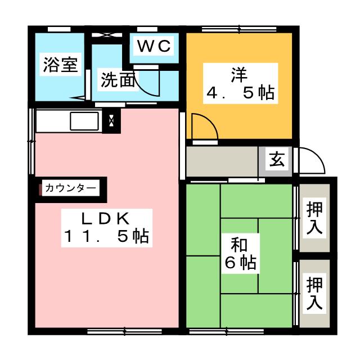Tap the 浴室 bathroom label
pos(60,64)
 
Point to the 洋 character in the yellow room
pos(239,74)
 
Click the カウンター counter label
pos(70,188)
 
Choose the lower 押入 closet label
pos(314,293)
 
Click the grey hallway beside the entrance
pos(222,160)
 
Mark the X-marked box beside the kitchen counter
pos(111,120)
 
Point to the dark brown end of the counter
pos(40,188)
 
